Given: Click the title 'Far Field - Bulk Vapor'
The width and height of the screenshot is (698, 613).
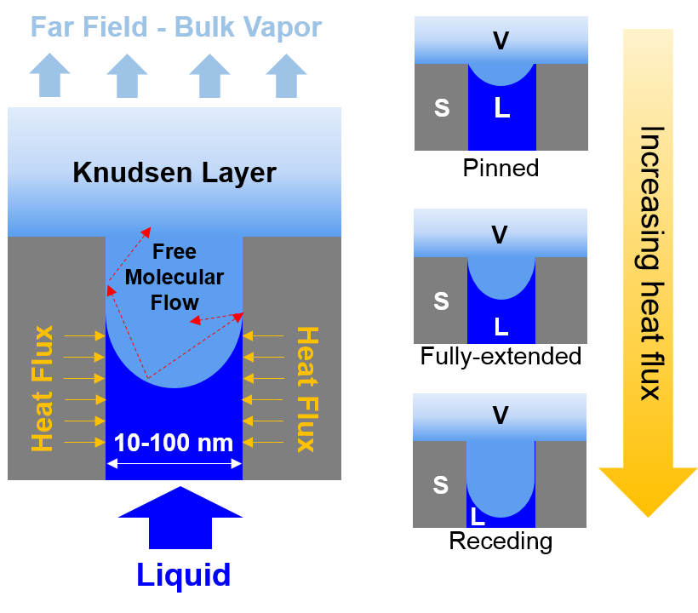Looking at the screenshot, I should click(x=176, y=26).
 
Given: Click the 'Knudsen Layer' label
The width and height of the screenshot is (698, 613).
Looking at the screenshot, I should click(x=174, y=173).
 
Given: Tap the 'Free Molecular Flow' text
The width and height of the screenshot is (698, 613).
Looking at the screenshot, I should click(x=174, y=277).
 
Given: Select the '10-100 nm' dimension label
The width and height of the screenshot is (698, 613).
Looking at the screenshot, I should click(x=174, y=443).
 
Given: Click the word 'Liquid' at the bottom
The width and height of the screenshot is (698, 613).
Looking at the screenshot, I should click(x=183, y=575).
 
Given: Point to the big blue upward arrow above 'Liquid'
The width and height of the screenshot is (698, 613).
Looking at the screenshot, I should click(x=180, y=516).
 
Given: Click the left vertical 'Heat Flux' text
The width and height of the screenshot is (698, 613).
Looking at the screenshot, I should click(x=43, y=388).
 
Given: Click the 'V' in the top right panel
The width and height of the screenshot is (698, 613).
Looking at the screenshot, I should click(x=501, y=40).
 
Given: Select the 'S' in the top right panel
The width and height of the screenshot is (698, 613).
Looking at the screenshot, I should click(x=441, y=108).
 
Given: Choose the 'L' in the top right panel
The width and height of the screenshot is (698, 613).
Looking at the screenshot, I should click(x=502, y=108).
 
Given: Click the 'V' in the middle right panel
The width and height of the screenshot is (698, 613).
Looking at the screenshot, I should click(x=501, y=233).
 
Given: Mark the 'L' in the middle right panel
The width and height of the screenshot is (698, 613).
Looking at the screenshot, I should click(x=501, y=327).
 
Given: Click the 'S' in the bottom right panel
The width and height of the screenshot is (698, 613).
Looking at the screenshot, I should click(x=440, y=485).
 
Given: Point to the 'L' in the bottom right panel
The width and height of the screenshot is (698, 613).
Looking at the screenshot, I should click(x=478, y=516).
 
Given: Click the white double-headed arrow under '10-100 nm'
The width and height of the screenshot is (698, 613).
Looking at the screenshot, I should click(x=174, y=463).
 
